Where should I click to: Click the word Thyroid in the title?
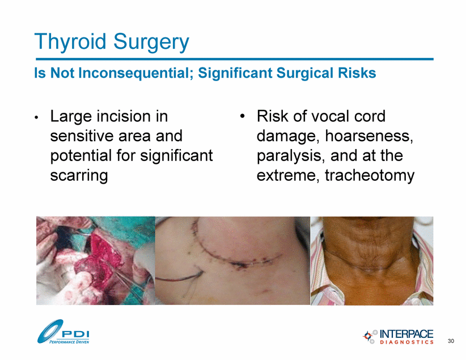point(70,41)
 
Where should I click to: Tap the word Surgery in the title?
point(151,41)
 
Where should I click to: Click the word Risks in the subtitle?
point(359,73)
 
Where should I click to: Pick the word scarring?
point(79,175)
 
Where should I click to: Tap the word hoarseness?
point(369,136)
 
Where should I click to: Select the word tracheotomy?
point(370,175)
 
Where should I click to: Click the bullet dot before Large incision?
point(36,117)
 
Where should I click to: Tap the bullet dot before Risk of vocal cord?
point(242,116)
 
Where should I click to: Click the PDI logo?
point(63,332)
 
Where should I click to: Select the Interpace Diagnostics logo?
point(398,337)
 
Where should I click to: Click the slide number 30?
point(451,341)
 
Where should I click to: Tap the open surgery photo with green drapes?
point(96,260)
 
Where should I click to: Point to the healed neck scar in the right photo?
point(370,266)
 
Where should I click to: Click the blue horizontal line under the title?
point(235,59)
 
